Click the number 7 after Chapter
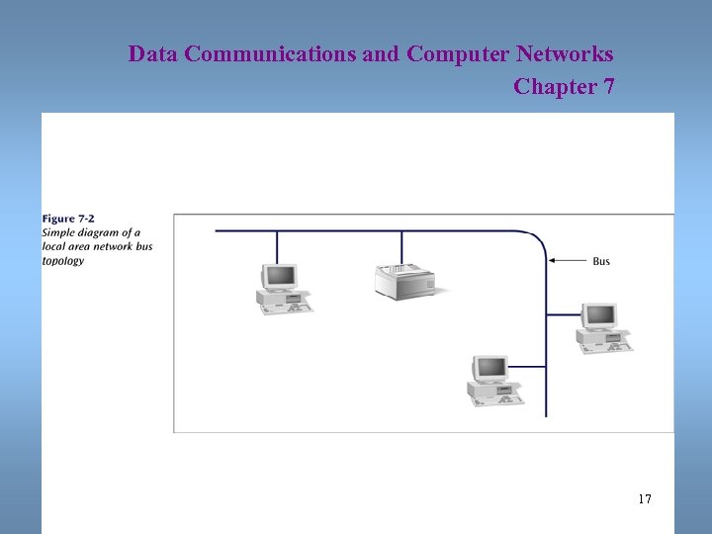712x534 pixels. [608, 87]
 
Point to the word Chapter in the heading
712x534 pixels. [556, 87]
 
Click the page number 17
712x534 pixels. [645, 499]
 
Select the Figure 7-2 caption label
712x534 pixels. [68, 219]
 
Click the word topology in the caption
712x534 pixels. [63, 261]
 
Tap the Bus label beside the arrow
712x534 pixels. [601, 261]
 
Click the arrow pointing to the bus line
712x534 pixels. [568, 261]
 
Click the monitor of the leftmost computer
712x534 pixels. [279, 276]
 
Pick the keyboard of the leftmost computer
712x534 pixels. [288, 309]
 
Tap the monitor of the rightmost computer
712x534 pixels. [598, 316]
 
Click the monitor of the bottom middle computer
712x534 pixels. [489, 369]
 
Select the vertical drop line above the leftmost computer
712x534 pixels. [277, 247]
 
